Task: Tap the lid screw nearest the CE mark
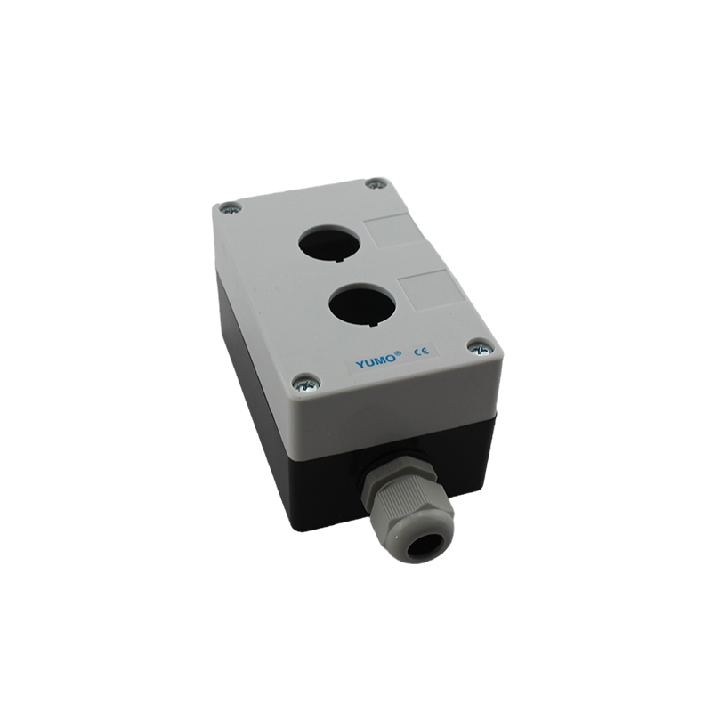coord(479,347)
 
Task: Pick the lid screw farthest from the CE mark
coord(231,209)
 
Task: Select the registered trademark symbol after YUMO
coord(400,353)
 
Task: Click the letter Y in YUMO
coord(360,365)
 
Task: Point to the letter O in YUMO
coord(392,359)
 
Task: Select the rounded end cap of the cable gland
coord(422,537)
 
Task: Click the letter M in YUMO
coord(381,361)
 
